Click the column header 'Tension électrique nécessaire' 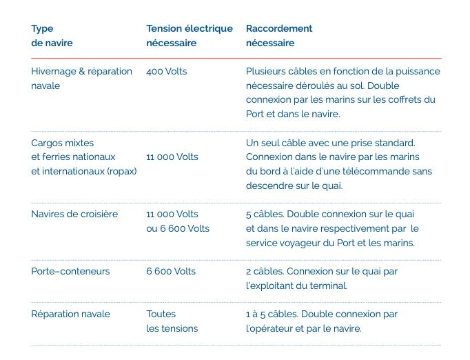coord(190,36)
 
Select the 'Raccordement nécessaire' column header coord(278,36)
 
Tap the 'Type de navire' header coord(52,36)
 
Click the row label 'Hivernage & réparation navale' coord(81,79)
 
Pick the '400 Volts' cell coord(166,71)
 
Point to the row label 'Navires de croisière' coord(74,214)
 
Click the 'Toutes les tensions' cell coord(172,321)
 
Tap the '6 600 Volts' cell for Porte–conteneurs coord(171,271)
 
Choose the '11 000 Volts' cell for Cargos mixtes coord(172,157)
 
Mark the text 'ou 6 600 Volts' coord(178,228)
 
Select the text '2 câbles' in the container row coord(264,271)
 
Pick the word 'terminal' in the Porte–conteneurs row coord(328,286)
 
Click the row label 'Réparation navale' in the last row coord(70,314)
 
